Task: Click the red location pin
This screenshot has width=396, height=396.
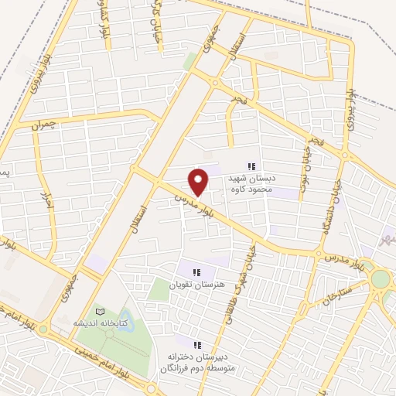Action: click(199, 181)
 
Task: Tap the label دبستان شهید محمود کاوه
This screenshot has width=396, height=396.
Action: click(251, 183)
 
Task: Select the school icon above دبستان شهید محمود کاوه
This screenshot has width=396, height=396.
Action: click(251, 166)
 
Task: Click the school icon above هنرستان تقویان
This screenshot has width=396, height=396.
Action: click(196, 271)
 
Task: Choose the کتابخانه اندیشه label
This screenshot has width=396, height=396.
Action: click(95, 322)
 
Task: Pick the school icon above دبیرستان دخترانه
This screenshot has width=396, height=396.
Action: click(196, 344)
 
